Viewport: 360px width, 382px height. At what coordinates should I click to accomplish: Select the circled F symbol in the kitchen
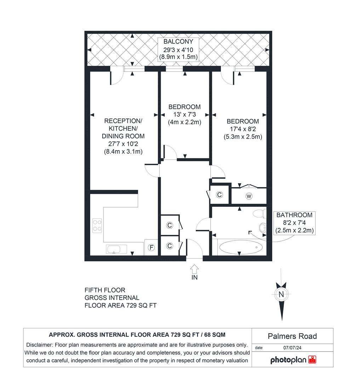(151, 248)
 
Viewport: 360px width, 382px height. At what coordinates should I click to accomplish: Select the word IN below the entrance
(194, 278)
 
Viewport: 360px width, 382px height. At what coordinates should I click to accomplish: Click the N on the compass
(281, 294)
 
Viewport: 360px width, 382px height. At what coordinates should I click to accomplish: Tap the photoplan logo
(293, 360)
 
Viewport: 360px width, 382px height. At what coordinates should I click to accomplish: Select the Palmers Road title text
(292, 336)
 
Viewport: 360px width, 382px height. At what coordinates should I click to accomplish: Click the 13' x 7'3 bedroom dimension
(184, 115)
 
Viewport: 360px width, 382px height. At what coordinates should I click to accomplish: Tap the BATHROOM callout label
(294, 215)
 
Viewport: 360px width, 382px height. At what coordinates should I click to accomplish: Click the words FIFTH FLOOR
(105, 290)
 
